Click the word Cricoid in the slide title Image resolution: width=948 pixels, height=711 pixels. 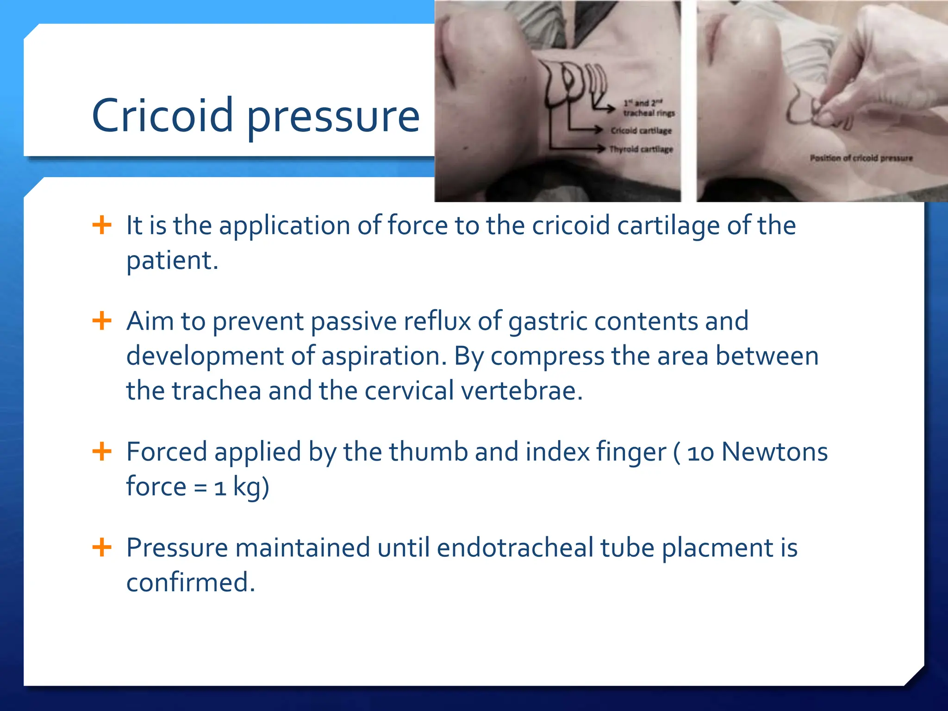(162, 115)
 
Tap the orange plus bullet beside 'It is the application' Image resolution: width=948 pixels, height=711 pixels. (102, 225)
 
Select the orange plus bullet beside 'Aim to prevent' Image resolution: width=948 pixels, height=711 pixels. (102, 321)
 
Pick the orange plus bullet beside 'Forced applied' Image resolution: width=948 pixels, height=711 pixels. (102, 451)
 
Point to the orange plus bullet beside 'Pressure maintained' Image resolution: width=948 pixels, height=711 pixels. (102, 547)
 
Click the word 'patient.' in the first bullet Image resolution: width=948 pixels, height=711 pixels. (172, 261)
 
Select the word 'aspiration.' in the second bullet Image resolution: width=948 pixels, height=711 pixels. (384, 356)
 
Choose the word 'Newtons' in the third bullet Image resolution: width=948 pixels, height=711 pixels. (774, 452)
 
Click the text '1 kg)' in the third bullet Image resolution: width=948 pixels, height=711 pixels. (241, 487)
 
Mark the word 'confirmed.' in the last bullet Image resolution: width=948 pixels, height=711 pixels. (191, 582)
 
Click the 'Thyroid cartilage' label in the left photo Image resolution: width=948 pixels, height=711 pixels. (641, 149)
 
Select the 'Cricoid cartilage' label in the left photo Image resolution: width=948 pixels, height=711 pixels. (641, 131)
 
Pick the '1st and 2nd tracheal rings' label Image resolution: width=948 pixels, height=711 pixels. (648, 108)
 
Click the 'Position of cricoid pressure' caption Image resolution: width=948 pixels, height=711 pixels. (861, 158)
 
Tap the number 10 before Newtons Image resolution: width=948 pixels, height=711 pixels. (700, 453)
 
